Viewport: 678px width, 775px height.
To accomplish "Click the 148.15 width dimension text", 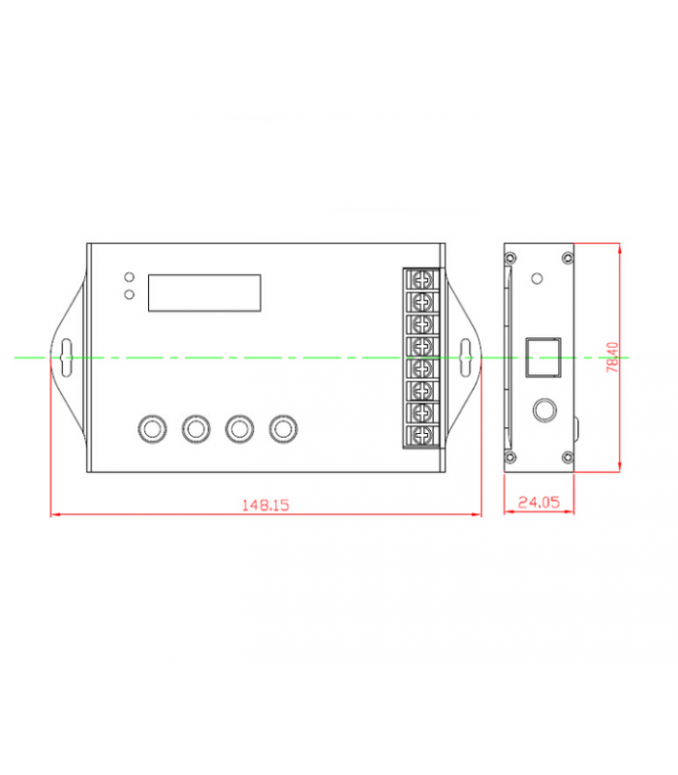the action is point(265,505).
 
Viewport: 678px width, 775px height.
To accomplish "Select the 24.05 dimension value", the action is point(539,502).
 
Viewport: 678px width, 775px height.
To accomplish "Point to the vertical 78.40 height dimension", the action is point(612,356).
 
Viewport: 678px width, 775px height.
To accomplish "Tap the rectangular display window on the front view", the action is point(204,294).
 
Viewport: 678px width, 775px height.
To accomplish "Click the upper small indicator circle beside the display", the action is point(129,277).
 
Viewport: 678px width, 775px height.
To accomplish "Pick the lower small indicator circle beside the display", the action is point(129,294).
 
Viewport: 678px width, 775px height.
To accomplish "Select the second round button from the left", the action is point(196,428).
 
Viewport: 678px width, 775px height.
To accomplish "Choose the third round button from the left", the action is point(239,428).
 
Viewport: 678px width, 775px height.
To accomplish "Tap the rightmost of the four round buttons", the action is point(283,428).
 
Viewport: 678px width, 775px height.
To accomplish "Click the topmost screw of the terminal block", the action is point(422,280).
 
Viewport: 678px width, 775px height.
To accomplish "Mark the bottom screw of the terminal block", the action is point(422,435).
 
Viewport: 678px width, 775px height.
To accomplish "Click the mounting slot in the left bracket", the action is point(66,357).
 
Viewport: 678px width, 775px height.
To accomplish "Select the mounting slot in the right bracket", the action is point(466,357).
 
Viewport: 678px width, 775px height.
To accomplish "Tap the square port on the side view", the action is point(543,357).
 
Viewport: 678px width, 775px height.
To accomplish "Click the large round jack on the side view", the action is point(544,410).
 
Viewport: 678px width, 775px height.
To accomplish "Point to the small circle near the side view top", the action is point(537,279).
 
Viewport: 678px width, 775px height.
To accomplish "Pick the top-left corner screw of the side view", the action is point(510,258).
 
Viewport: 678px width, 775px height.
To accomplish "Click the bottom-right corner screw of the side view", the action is point(568,457).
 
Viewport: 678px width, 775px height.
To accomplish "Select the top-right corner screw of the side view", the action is point(568,258).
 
